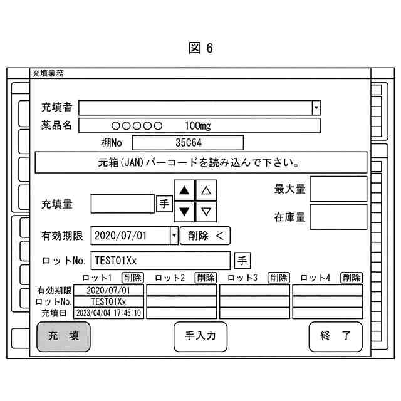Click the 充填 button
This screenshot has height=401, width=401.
63,336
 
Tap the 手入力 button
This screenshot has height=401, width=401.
200,336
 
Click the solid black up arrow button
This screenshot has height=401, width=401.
184,190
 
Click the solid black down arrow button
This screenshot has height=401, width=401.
184,211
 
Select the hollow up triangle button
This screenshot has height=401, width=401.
206,190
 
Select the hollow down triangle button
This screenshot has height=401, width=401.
206,211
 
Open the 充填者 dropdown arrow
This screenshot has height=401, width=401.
316,108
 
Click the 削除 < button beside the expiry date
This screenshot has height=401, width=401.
206,236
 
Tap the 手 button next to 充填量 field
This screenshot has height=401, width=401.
164,204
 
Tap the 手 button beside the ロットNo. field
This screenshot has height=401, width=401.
242,260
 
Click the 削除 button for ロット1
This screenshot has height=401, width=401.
133,278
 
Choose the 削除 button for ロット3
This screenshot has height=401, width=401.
279,278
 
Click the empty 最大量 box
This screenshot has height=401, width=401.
338,189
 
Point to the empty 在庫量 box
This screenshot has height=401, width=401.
338,217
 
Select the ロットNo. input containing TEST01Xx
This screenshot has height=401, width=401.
161,260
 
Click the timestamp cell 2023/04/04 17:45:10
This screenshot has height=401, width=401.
109,313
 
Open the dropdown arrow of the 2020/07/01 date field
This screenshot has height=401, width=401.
174,236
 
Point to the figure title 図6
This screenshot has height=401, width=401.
200,49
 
